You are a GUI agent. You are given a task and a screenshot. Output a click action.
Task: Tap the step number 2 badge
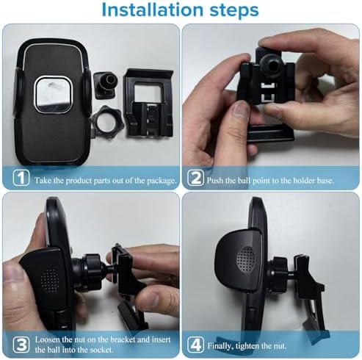(196, 178)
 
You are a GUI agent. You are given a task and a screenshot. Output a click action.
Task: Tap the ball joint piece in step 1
(104, 80)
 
